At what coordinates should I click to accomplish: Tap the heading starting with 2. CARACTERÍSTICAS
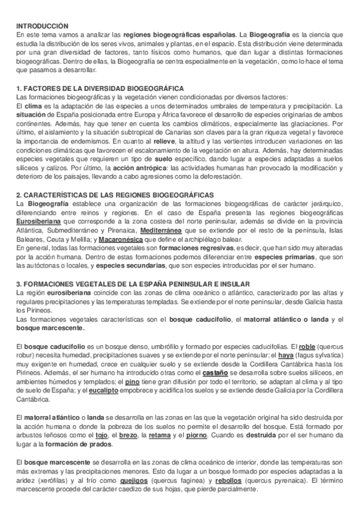click(114, 195)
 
